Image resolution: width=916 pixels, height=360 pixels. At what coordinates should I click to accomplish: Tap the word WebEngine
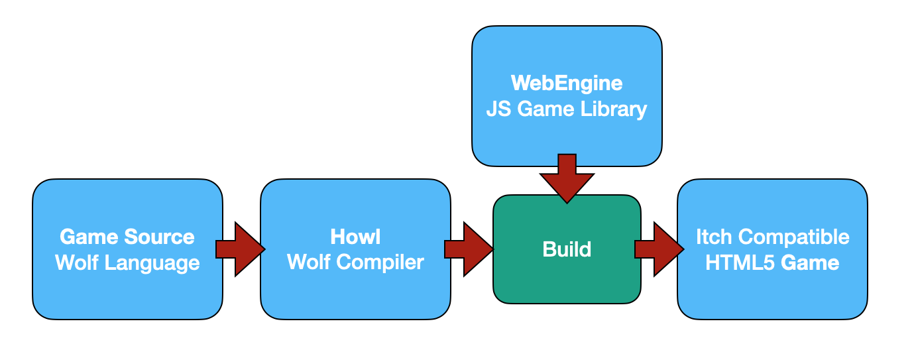point(567,83)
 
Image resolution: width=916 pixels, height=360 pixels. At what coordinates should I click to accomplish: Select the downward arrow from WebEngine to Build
point(567,177)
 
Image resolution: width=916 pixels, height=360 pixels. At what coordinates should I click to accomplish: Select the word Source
point(162,237)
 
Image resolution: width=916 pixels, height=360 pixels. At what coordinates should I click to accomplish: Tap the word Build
point(567,250)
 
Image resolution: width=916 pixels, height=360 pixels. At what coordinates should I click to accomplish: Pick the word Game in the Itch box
point(807,263)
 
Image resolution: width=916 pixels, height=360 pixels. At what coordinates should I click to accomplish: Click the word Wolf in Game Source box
point(74,263)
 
